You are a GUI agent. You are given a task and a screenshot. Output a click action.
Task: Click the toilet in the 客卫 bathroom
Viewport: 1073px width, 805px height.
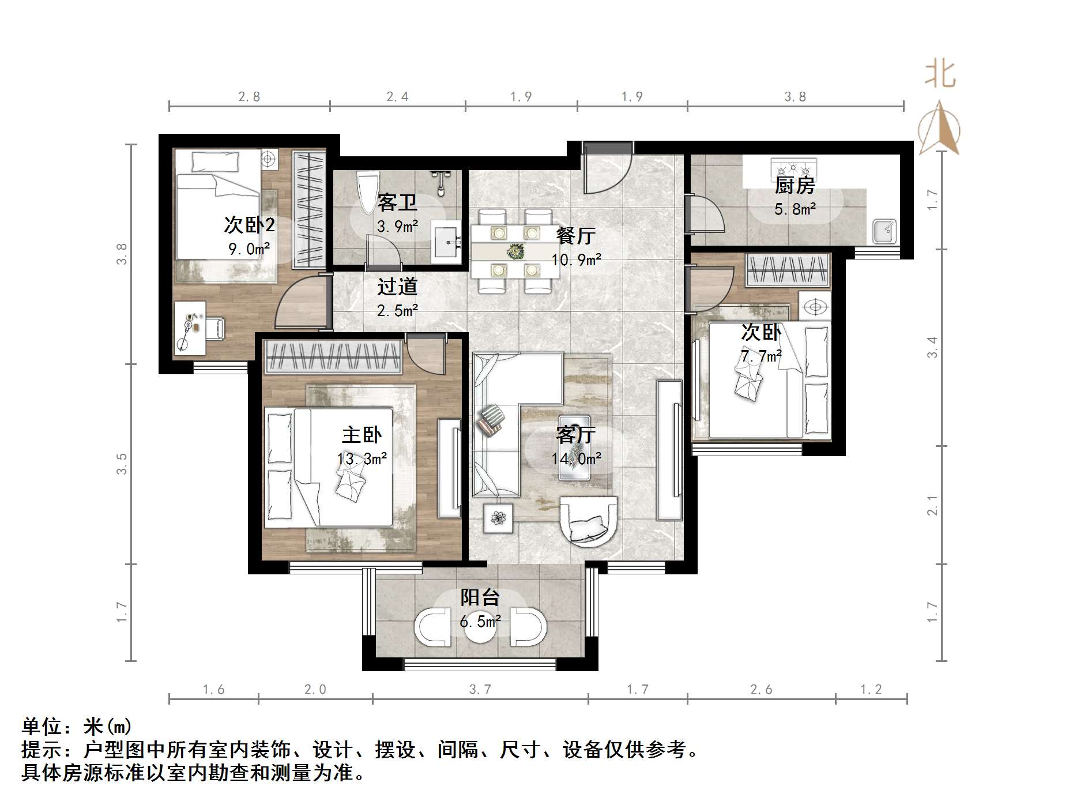368,191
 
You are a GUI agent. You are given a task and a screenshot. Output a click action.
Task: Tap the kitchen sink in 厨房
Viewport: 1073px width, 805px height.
884,231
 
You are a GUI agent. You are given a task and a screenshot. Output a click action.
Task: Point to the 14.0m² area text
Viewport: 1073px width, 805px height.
576,458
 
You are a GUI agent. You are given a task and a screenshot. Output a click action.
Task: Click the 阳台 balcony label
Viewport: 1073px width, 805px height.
480,597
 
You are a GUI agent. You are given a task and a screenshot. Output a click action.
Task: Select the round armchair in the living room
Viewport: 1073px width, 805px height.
589,522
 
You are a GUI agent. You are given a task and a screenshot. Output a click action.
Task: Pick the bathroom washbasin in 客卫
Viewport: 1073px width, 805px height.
446,241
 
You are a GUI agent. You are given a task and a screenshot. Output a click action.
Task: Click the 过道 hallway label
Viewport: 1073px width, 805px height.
397,287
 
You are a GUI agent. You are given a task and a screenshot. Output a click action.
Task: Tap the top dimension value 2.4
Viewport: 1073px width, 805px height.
397,96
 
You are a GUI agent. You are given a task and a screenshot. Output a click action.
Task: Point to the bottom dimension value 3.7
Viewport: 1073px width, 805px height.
480,689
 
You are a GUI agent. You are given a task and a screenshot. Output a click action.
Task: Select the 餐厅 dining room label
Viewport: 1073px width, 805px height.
575,235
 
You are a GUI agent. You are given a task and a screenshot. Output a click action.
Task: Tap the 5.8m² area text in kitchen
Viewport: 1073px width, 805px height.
795,209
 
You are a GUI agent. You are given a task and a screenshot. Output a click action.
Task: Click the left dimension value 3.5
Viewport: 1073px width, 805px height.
121,464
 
